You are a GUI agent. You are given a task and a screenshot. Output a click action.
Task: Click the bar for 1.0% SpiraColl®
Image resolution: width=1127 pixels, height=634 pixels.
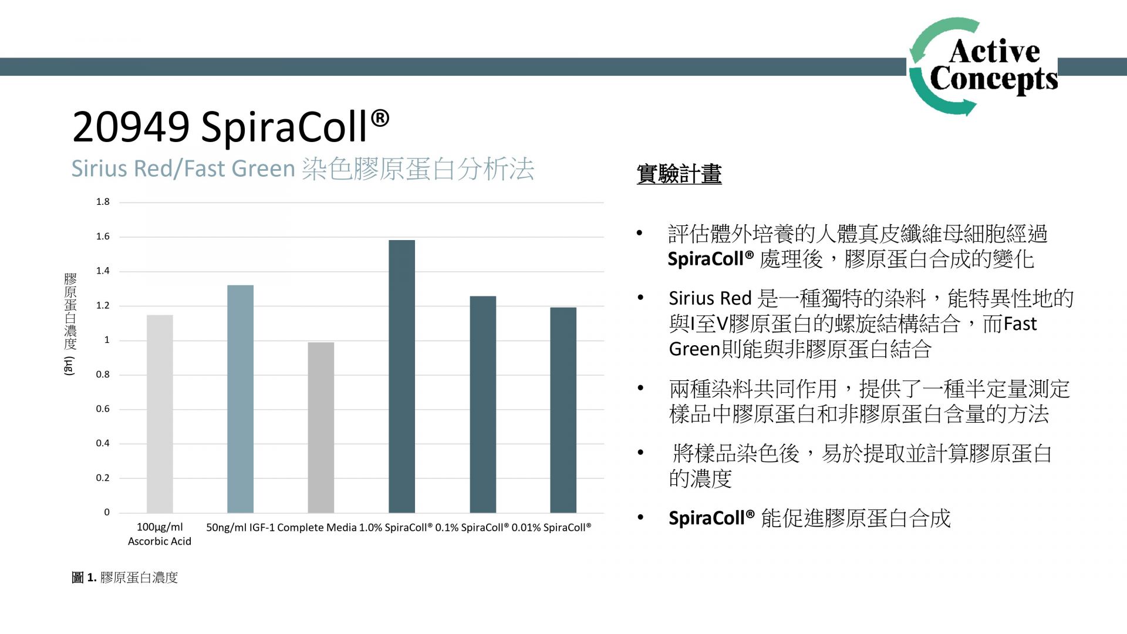click(x=401, y=376)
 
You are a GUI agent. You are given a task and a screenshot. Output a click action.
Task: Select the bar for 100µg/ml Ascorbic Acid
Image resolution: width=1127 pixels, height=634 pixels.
click(x=160, y=414)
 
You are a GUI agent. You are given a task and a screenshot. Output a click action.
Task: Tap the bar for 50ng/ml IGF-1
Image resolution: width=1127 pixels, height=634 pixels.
click(x=240, y=399)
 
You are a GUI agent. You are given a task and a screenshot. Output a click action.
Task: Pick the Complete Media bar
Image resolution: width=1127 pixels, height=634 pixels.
click(x=320, y=427)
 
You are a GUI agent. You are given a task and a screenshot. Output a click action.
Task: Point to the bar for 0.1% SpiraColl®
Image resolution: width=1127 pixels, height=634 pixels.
click(x=482, y=404)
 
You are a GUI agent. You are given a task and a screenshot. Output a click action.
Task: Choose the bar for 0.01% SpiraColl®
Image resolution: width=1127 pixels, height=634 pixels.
click(x=563, y=410)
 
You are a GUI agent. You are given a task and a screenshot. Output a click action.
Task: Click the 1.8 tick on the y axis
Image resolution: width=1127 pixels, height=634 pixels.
click(x=103, y=202)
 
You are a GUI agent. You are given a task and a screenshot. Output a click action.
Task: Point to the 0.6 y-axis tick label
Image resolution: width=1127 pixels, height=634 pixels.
click(x=103, y=409)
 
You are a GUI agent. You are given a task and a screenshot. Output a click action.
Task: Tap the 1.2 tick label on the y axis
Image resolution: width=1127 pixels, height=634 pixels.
click(x=103, y=306)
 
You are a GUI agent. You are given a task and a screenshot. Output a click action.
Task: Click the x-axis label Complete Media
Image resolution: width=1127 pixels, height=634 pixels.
click(x=317, y=528)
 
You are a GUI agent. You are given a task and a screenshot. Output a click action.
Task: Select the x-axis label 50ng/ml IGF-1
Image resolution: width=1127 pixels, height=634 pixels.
click(x=240, y=528)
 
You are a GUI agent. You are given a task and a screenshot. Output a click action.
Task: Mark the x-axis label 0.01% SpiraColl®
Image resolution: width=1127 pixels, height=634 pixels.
click(x=551, y=528)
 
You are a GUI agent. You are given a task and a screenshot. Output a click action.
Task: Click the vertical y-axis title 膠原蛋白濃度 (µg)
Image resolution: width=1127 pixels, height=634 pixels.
click(x=70, y=324)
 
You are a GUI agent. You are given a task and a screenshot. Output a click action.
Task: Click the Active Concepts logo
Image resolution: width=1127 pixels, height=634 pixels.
click(x=984, y=66)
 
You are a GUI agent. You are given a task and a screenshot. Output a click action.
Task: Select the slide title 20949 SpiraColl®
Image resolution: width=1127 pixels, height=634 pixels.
click(x=231, y=126)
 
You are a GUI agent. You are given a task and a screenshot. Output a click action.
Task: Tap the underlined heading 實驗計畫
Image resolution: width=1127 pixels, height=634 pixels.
click(x=679, y=174)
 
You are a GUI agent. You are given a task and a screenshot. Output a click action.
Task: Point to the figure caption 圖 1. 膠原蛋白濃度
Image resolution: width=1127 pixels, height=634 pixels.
click(x=124, y=578)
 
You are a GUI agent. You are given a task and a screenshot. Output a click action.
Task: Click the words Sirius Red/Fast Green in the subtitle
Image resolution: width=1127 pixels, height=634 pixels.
click(x=183, y=168)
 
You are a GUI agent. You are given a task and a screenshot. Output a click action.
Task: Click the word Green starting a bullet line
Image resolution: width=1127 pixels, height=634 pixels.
click(x=694, y=349)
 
